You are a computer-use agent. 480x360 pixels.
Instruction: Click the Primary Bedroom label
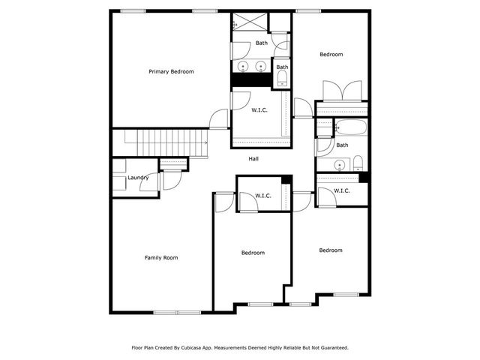tap(171, 72)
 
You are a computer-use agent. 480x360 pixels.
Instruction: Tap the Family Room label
tap(161, 258)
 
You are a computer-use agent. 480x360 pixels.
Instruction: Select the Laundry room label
tap(138, 178)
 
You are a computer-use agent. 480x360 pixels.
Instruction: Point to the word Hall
tap(255, 159)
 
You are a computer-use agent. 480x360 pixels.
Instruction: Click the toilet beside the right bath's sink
tap(358, 163)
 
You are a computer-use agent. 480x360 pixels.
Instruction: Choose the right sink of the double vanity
tap(262, 67)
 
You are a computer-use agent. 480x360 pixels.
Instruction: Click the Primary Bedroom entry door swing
tap(219, 118)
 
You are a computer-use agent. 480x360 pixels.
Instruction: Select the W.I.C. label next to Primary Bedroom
tap(259, 109)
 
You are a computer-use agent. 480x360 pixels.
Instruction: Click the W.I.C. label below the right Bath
tap(341, 190)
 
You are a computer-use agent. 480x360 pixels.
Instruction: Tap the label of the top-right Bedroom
tap(331, 54)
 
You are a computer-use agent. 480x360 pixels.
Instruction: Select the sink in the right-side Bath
tap(340, 164)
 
